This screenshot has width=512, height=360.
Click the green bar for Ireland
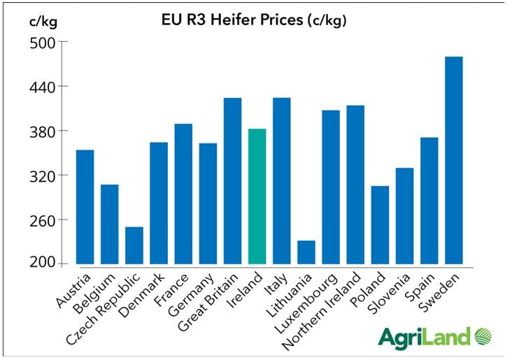coord(257,196)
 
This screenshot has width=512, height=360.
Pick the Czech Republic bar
coord(134,245)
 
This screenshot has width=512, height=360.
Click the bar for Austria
coord(85,207)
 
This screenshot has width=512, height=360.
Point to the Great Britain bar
coord(232,181)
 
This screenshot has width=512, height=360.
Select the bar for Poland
coord(380,224)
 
